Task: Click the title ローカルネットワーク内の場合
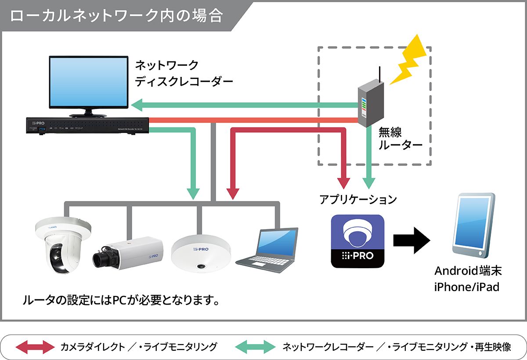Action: (116, 16)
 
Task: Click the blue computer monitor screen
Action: (87, 84)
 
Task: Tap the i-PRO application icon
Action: (357, 241)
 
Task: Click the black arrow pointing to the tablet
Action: (411, 241)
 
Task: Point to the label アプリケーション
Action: (358, 200)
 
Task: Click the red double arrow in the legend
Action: (35, 347)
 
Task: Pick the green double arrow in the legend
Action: (255, 347)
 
